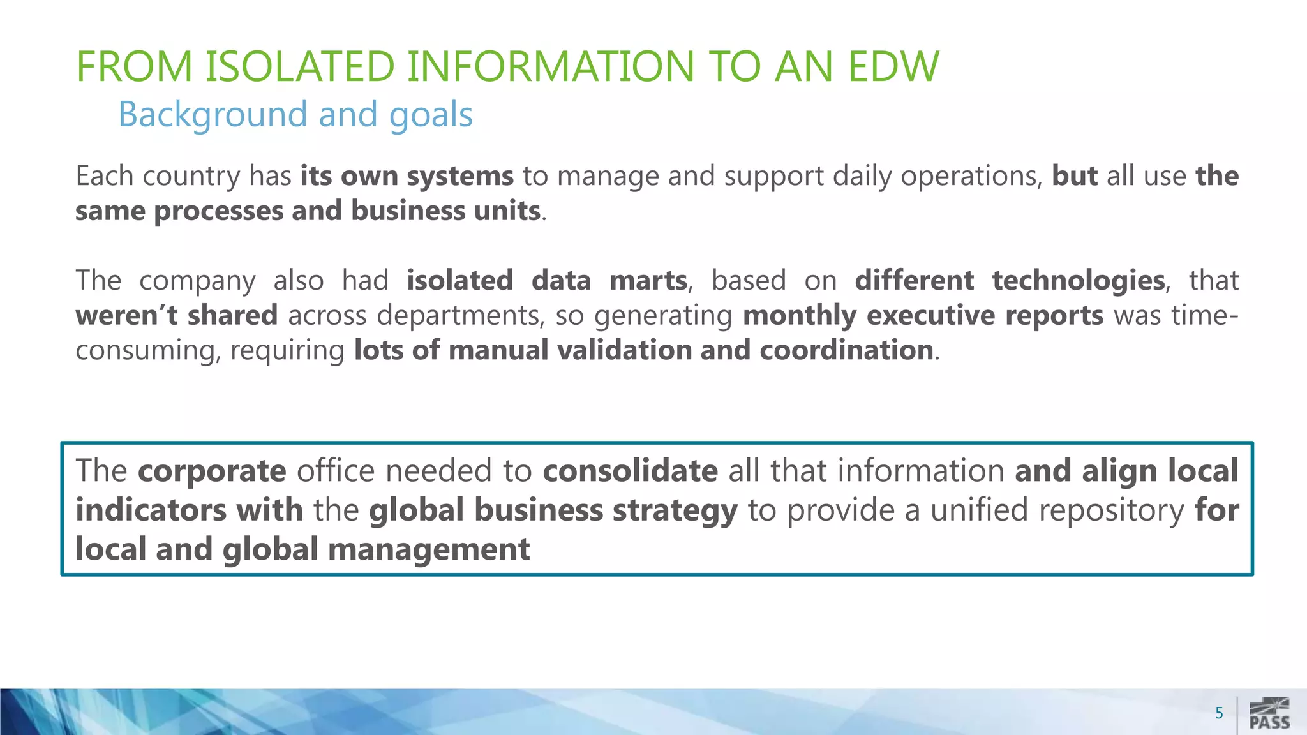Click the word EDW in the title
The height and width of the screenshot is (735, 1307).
click(893, 66)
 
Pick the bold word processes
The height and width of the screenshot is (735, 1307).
click(218, 211)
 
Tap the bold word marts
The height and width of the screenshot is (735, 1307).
click(648, 281)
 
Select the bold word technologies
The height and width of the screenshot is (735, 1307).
click(1079, 281)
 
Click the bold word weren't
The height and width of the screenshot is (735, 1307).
click(126, 315)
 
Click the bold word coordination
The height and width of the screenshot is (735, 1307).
click(846, 350)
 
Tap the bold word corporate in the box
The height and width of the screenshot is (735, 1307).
click(212, 471)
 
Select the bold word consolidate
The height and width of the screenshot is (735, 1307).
click(630, 471)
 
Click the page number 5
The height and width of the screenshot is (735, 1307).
click(1219, 713)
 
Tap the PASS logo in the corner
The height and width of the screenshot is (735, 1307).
click(1269, 714)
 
